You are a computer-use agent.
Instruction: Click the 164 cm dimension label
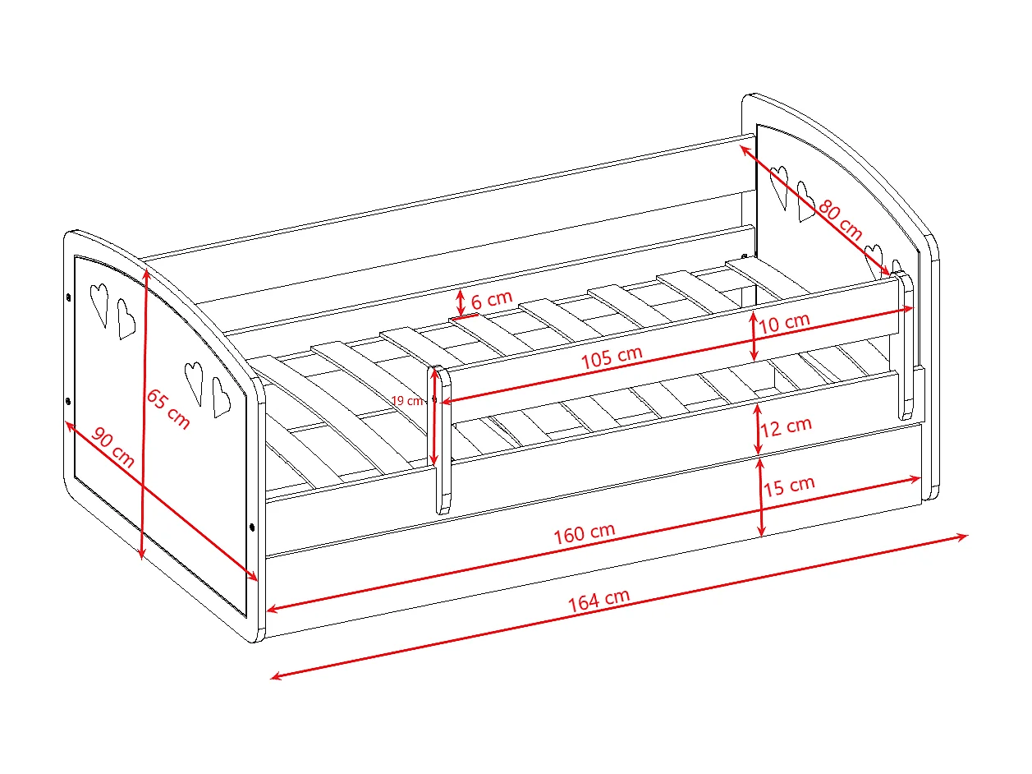pyautogui.click(x=599, y=601)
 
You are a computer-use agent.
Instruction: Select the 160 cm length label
pyautogui.click(x=584, y=533)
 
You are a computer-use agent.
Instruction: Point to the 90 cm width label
pyautogui.click(x=112, y=447)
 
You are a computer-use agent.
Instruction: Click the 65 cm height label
pyautogui.click(x=168, y=409)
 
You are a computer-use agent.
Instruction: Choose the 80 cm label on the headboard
pyautogui.click(x=840, y=220)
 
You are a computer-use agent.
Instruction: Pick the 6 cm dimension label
pyautogui.click(x=491, y=299)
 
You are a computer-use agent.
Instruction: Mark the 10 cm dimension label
pyautogui.click(x=784, y=323)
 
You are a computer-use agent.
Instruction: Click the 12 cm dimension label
pyautogui.click(x=786, y=427)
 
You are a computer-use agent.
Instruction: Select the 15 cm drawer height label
pyautogui.click(x=788, y=486)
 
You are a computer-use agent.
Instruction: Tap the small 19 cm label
pyautogui.click(x=407, y=401)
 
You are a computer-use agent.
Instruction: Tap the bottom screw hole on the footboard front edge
pyautogui.click(x=252, y=527)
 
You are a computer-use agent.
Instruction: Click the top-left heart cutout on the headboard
pyautogui.click(x=778, y=187)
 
